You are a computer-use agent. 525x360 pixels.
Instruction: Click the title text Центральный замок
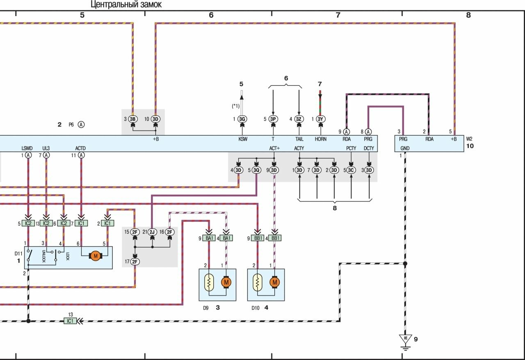[x=126, y=5]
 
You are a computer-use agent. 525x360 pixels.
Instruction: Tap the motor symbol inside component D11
[x=96, y=256]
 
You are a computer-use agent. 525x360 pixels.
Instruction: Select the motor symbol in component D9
[x=226, y=282]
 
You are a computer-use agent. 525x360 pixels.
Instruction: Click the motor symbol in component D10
[x=274, y=282]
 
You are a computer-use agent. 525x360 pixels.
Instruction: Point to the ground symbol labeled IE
[x=406, y=339]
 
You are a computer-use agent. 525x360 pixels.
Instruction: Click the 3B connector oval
[x=132, y=119]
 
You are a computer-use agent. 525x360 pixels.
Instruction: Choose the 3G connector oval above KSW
[x=242, y=119]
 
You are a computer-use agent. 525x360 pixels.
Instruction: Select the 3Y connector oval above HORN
[x=321, y=119]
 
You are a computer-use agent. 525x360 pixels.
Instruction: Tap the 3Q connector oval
[x=256, y=170]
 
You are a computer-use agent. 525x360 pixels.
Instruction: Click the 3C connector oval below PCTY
[x=351, y=170]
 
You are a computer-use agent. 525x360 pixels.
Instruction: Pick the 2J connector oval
[x=152, y=232]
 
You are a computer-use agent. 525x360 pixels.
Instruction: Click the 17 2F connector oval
[x=135, y=262]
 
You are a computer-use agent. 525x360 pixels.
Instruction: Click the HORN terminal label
[x=321, y=139]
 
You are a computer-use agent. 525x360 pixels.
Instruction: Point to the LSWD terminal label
[x=28, y=148]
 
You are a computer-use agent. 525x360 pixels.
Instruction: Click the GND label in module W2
[x=405, y=148]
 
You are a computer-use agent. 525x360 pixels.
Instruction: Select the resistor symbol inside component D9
[x=209, y=282]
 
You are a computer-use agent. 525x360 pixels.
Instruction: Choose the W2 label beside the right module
[x=469, y=139]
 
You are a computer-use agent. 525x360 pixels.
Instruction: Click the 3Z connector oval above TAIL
[x=299, y=119]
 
